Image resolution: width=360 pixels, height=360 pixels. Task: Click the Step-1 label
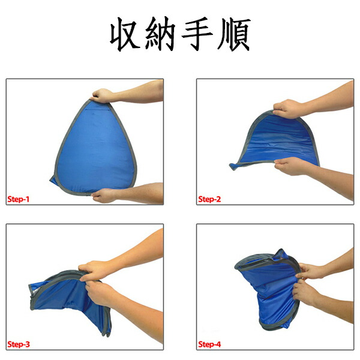(19, 199)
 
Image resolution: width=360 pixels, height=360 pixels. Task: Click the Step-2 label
(209, 199)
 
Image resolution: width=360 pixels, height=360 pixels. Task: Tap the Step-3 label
(19, 344)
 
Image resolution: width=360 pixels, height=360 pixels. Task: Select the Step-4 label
(209, 344)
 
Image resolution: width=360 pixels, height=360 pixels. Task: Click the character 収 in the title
(125, 34)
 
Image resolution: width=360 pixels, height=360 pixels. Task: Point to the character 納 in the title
(160, 34)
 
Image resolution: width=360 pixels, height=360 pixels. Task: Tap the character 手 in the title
(197, 34)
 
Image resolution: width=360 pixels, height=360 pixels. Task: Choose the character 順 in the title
(234, 34)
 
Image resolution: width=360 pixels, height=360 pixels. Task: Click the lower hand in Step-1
(104, 196)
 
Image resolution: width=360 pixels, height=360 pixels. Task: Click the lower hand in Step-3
(99, 293)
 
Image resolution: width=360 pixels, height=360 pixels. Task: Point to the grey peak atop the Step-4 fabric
(281, 252)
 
